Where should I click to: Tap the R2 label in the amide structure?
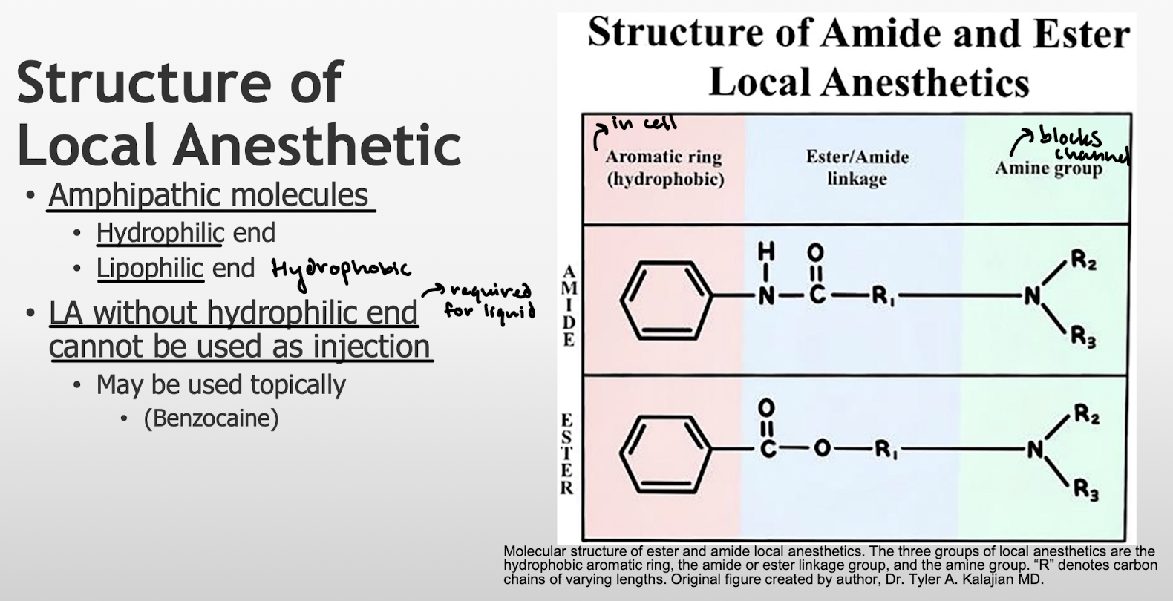coord(1083,260)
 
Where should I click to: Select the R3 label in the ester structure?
coord(1085,490)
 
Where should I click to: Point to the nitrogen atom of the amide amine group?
coord(1032,297)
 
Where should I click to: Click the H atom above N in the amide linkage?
coord(765,252)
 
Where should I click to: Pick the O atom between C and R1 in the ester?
coord(821,449)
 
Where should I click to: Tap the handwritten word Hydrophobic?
coord(341,269)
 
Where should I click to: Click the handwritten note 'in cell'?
coord(643,124)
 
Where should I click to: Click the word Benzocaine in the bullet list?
coord(211,418)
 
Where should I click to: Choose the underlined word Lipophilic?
coord(149,269)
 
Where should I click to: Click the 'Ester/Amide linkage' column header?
coord(857,168)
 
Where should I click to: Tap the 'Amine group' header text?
coord(1048,169)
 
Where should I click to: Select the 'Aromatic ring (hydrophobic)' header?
coord(664,168)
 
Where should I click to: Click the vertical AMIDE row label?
coord(569,305)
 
